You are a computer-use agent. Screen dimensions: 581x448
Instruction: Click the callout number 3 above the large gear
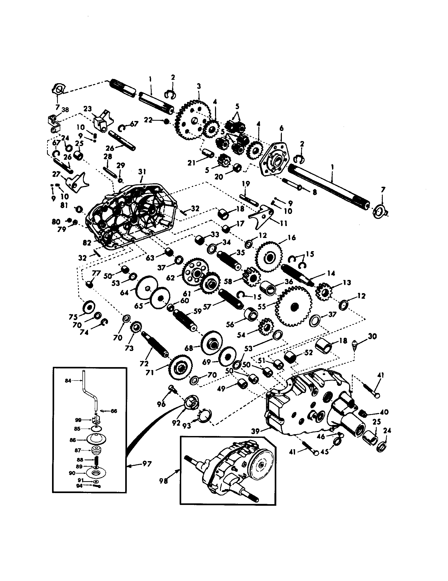[x=199, y=86]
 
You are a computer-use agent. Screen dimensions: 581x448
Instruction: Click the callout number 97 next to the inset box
[x=147, y=464]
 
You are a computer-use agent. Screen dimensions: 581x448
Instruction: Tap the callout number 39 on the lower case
[x=255, y=431]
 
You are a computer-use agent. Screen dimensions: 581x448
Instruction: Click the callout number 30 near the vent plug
[x=372, y=336]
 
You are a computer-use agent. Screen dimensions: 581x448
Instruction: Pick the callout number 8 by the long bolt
[x=315, y=192]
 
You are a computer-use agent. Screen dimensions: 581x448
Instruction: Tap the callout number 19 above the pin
[x=246, y=184]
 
